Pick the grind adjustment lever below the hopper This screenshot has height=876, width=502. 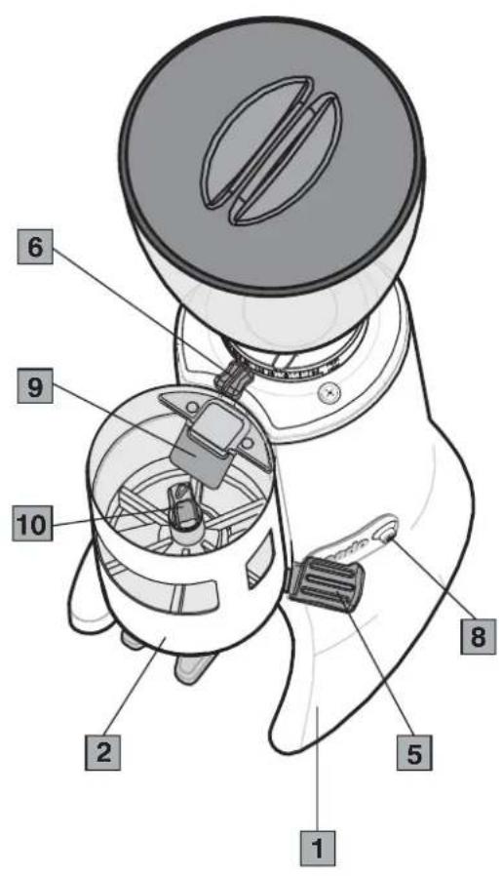[230, 377]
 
